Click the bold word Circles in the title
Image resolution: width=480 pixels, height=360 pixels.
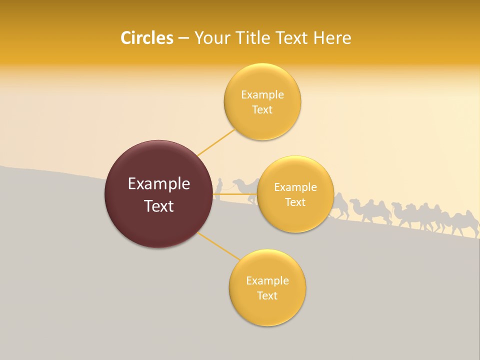[x=146, y=37]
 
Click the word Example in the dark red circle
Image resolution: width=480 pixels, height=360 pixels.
[x=159, y=183]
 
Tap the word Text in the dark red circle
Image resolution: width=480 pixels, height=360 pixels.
[x=159, y=206]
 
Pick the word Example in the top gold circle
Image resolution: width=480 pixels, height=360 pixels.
[x=262, y=94]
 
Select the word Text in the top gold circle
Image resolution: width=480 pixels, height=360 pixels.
[x=262, y=110]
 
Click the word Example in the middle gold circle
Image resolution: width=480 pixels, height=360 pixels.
[x=295, y=187]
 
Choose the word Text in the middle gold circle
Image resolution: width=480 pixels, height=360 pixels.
[x=295, y=202]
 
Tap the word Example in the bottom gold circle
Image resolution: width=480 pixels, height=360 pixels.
[x=267, y=280]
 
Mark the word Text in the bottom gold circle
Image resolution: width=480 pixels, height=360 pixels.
[x=267, y=295]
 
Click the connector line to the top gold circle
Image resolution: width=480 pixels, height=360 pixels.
[x=216, y=142]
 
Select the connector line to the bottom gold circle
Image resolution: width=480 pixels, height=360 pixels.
[x=218, y=246]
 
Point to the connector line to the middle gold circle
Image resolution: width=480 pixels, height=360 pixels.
[x=235, y=194]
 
